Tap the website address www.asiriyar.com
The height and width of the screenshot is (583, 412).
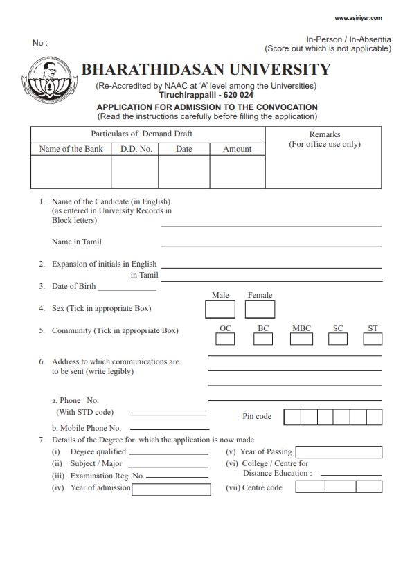362,18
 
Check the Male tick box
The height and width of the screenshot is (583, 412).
220,308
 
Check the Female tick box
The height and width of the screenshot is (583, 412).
260,308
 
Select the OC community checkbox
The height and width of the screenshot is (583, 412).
225,339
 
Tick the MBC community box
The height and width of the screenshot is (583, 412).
301,339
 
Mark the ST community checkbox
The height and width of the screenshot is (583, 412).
373,339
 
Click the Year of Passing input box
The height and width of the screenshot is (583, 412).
339,452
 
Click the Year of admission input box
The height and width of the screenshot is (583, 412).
171,490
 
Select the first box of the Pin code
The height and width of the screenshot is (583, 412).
292,417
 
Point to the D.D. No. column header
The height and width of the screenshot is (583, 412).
136,149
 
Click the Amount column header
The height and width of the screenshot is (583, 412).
237,149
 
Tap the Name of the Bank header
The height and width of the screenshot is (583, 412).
71,149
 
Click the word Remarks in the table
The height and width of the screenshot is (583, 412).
324,134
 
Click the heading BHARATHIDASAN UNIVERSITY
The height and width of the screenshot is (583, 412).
206,70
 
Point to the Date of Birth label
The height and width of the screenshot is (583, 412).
73,286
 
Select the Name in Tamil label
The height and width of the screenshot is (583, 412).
77,242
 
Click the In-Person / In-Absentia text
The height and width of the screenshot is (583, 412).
348,40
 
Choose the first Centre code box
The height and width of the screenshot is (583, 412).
310,487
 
